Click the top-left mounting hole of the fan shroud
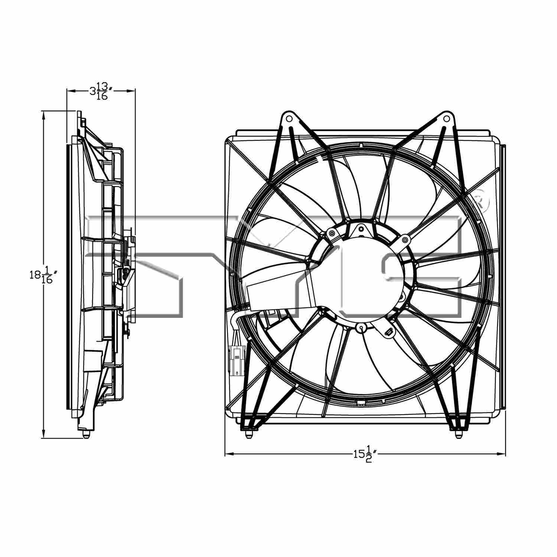[289, 118]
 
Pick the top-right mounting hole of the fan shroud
[447, 118]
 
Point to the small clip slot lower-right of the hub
[388, 332]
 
